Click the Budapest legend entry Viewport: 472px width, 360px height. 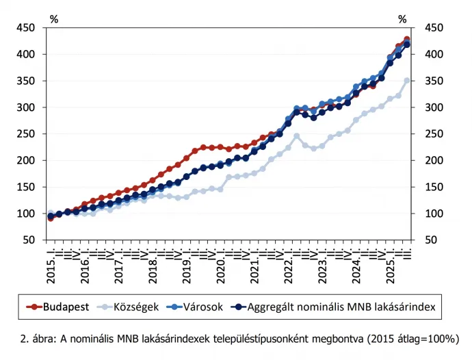click(x=66, y=307)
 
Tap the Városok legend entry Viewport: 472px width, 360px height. click(x=206, y=307)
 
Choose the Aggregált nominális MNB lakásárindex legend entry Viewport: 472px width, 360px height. click(x=342, y=307)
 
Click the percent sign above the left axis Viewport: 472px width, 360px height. click(x=53, y=19)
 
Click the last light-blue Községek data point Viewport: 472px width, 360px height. click(x=407, y=80)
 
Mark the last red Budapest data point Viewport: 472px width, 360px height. click(x=407, y=39)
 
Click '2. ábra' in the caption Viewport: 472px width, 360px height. click(x=38, y=337)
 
